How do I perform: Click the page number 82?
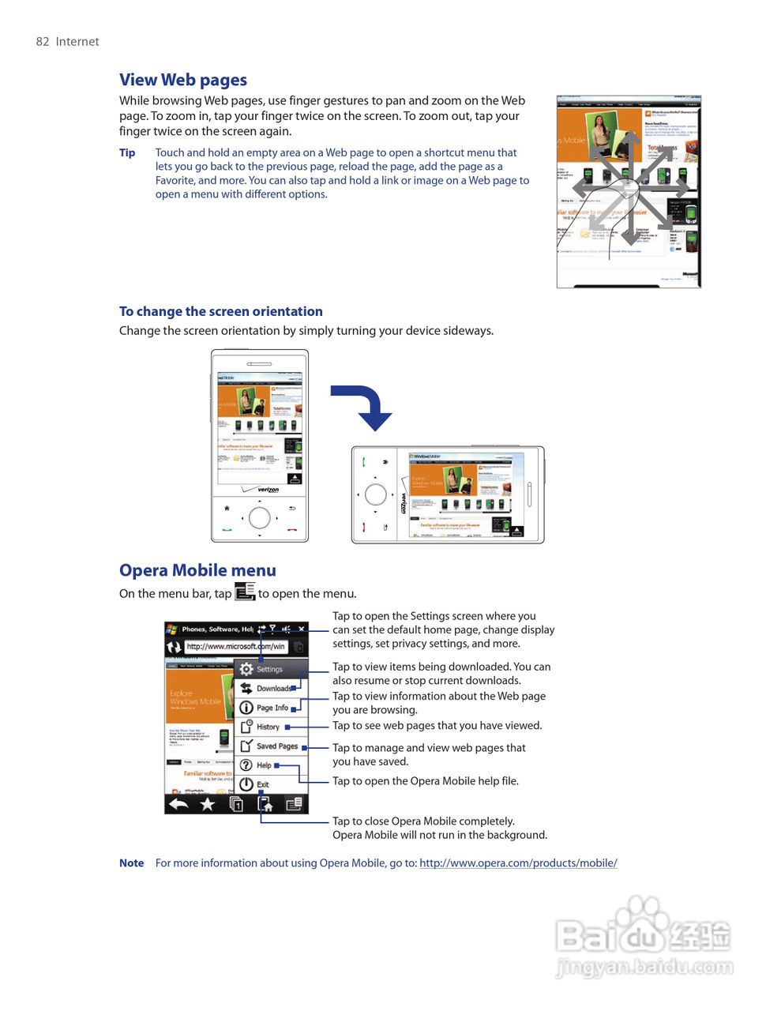pyautogui.click(x=43, y=42)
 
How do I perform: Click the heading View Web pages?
pyautogui.click(x=183, y=80)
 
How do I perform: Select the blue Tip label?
pyautogui.click(x=127, y=152)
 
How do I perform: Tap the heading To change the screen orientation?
pyautogui.click(x=221, y=311)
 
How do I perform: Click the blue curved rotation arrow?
pyautogui.click(x=364, y=405)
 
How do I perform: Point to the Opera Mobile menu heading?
pyautogui.click(x=197, y=570)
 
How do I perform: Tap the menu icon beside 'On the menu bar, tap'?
pyautogui.click(x=245, y=592)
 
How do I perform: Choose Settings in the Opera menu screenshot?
pyautogui.click(x=268, y=669)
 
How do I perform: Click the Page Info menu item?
pyautogui.click(x=271, y=708)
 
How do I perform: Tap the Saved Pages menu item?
pyautogui.click(x=276, y=746)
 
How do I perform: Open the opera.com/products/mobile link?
pyautogui.click(x=518, y=863)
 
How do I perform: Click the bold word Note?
pyautogui.click(x=131, y=863)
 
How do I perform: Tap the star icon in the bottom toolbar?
pyautogui.click(x=208, y=804)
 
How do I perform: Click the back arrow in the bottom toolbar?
pyautogui.click(x=178, y=804)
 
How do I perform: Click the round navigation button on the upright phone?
pyautogui.click(x=260, y=518)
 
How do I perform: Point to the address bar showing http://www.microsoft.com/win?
pyautogui.click(x=235, y=646)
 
